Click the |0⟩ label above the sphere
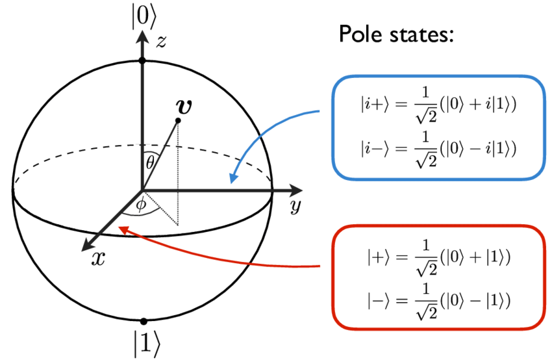click(x=142, y=18)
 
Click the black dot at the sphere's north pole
click(x=142, y=60)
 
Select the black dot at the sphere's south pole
click(x=143, y=321)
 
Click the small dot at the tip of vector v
click(x=178, y=121)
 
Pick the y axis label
click(x=295, y=207)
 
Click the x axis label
click(x=97, y=258)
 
